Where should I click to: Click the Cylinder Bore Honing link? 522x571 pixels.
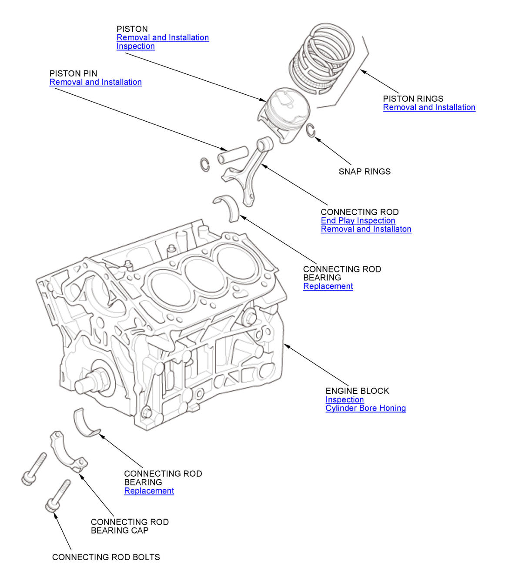pos(365,408)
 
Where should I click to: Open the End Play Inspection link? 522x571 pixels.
pos(358,220)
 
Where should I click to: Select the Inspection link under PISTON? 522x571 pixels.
pos(135,46)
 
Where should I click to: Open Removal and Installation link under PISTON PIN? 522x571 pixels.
pos(95,82)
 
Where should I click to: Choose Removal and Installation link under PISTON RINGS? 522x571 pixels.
pos(429,107)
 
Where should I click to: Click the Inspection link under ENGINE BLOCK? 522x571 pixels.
pos(344,399)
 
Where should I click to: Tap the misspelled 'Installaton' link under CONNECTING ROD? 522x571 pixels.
pos(366,229)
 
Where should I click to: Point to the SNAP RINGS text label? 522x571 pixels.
pos(365,172)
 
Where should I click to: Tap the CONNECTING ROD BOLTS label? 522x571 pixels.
pos(106,557)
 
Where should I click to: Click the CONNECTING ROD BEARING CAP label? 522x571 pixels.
pos(129,526)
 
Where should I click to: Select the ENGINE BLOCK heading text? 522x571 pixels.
pos(357,391)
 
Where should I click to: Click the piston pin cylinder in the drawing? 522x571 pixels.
pos(233,155)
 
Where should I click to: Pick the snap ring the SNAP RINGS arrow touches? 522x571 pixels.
pos(310,130)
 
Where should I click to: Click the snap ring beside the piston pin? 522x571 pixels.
pos(205,165)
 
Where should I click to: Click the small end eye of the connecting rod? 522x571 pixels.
pos(264,143)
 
